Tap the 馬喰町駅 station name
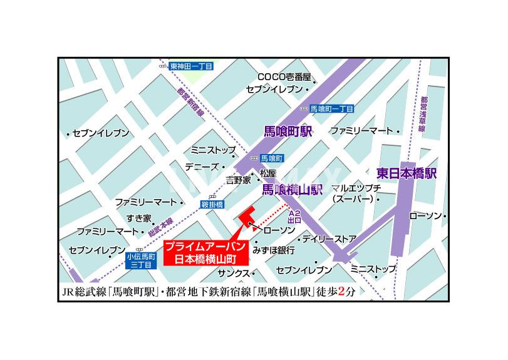pos(287,131)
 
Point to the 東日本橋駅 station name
pos(407,172)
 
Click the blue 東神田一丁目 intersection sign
pos(191,66)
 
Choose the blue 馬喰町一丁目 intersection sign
pos(332,108)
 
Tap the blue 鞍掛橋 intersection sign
pos(212,205)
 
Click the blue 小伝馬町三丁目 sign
pos(139,260)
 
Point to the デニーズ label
pos(201,167)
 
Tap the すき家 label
pos(138,218)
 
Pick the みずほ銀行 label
pos(274,250)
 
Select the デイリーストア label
pos(328,239)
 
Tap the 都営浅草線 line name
pos(423,113)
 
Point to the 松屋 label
pos(268,173)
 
